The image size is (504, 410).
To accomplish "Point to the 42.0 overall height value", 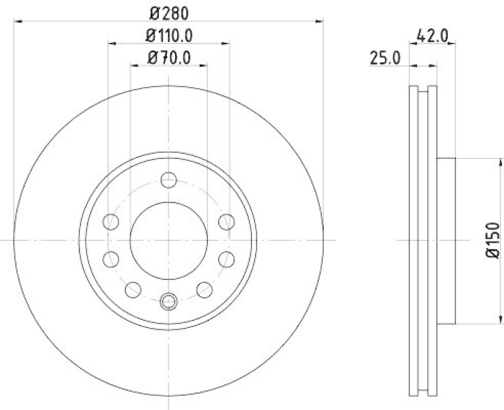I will pos(433,37).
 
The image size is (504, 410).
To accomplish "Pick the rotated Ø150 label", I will pos(492,240).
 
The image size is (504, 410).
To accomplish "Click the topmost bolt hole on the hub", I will pos(168,180).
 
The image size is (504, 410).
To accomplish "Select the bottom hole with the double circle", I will pos(168,302).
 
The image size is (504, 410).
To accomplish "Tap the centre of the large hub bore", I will pos(168,240).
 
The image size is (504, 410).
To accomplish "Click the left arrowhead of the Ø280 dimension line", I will pos(16,21).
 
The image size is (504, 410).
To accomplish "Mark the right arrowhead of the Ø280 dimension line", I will pos(321,21).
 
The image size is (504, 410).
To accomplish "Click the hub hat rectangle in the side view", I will pos(445,240).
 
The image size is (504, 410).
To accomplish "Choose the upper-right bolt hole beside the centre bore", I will pos(226,221).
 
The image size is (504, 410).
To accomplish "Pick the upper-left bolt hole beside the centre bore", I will pos(111,221).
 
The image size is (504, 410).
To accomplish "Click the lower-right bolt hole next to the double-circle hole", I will pos(204,290).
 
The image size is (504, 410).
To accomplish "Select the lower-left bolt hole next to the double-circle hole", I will pos(133,290).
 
